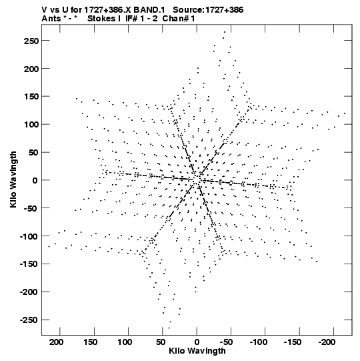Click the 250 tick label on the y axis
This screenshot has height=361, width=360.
31,41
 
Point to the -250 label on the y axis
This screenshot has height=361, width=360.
29,320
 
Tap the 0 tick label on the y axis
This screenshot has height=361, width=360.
35,180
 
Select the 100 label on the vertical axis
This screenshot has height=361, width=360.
31,125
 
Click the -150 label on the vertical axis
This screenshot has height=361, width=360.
29,264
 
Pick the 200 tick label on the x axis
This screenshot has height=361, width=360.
57,342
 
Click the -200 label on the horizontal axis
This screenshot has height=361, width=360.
327,342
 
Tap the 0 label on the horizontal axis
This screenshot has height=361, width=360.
197,342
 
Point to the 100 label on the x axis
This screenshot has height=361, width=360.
125,342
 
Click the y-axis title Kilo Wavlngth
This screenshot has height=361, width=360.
13,179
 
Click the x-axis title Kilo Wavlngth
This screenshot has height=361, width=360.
197,351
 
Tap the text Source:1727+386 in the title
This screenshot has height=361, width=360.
208,10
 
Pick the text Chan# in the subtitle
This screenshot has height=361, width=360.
176,19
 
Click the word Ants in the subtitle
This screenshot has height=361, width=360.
51,19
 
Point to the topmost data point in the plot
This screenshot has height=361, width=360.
225,32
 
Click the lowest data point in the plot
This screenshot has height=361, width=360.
169,328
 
